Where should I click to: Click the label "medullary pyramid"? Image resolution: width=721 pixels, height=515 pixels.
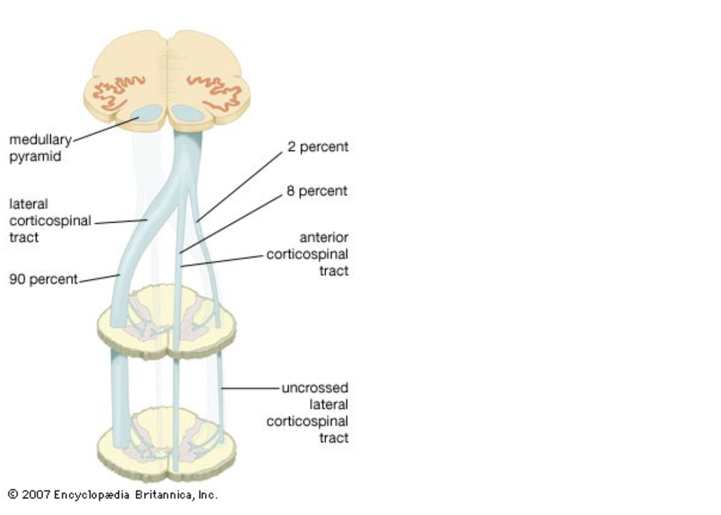tap(40, 148)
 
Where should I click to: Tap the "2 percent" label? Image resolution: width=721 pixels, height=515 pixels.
tap(317, 147)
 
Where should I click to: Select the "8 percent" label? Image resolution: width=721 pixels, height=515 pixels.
tap(317, 191)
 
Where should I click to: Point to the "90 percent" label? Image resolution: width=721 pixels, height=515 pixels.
tap(43, 280)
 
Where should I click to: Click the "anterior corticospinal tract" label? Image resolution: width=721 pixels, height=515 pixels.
tap(307, 254)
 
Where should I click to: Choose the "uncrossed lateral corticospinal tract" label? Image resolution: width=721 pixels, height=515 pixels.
tap(307, 413)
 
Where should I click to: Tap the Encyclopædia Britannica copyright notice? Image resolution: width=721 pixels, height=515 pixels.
tap(113, 495)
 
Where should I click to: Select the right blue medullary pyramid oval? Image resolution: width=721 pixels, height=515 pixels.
tap(187, 113)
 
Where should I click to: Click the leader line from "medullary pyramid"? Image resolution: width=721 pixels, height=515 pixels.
tap(105, 129)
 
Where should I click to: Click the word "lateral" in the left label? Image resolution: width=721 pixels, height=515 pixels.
tap(28, 204)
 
